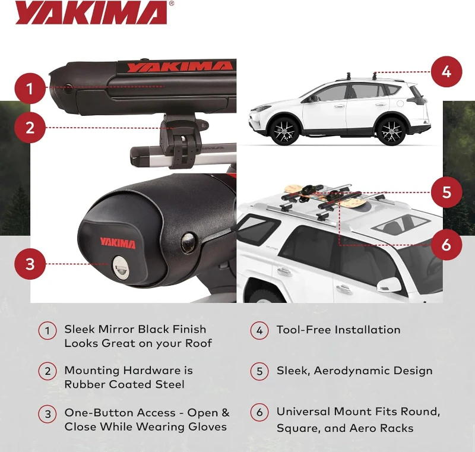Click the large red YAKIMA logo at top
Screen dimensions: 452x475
pos(91,13)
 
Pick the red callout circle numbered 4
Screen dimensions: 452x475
pos(446,72)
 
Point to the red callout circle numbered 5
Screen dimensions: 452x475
pos(446,192)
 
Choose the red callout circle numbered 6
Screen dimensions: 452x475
pos(446,244)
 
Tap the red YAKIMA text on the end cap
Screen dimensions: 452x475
pos(118,244)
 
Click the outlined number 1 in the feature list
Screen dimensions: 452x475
pos(47,331)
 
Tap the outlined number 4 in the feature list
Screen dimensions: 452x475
pos(259,331)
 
